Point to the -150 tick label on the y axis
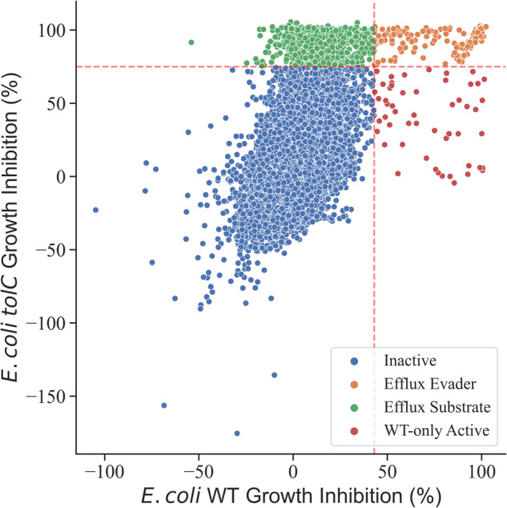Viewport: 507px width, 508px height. point(46,397)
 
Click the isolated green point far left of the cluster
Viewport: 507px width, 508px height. point(191,42)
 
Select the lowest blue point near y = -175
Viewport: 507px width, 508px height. point(237,433)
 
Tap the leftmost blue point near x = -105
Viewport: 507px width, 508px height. point(95,210)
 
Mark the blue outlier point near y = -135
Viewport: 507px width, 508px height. point(274,374)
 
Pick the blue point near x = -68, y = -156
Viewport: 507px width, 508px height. point(164,405)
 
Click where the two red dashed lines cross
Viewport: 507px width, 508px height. point(374,67)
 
